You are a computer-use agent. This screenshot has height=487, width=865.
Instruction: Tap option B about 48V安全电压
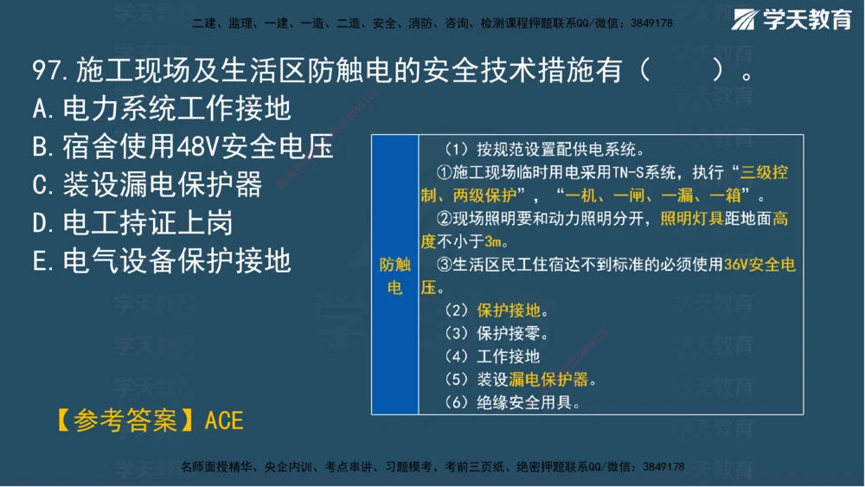click(x=182, y=146)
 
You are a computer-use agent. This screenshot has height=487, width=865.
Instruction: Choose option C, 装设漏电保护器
click(x=146, y=184)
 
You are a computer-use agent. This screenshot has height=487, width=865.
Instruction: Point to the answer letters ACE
click(x=224, y=420)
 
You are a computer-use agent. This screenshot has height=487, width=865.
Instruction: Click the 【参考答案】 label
click(x=127, y=420)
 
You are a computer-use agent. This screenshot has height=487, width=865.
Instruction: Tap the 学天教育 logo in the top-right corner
click(x=793, y=20)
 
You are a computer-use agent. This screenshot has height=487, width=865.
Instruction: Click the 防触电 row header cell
click(x=394, y=275)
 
